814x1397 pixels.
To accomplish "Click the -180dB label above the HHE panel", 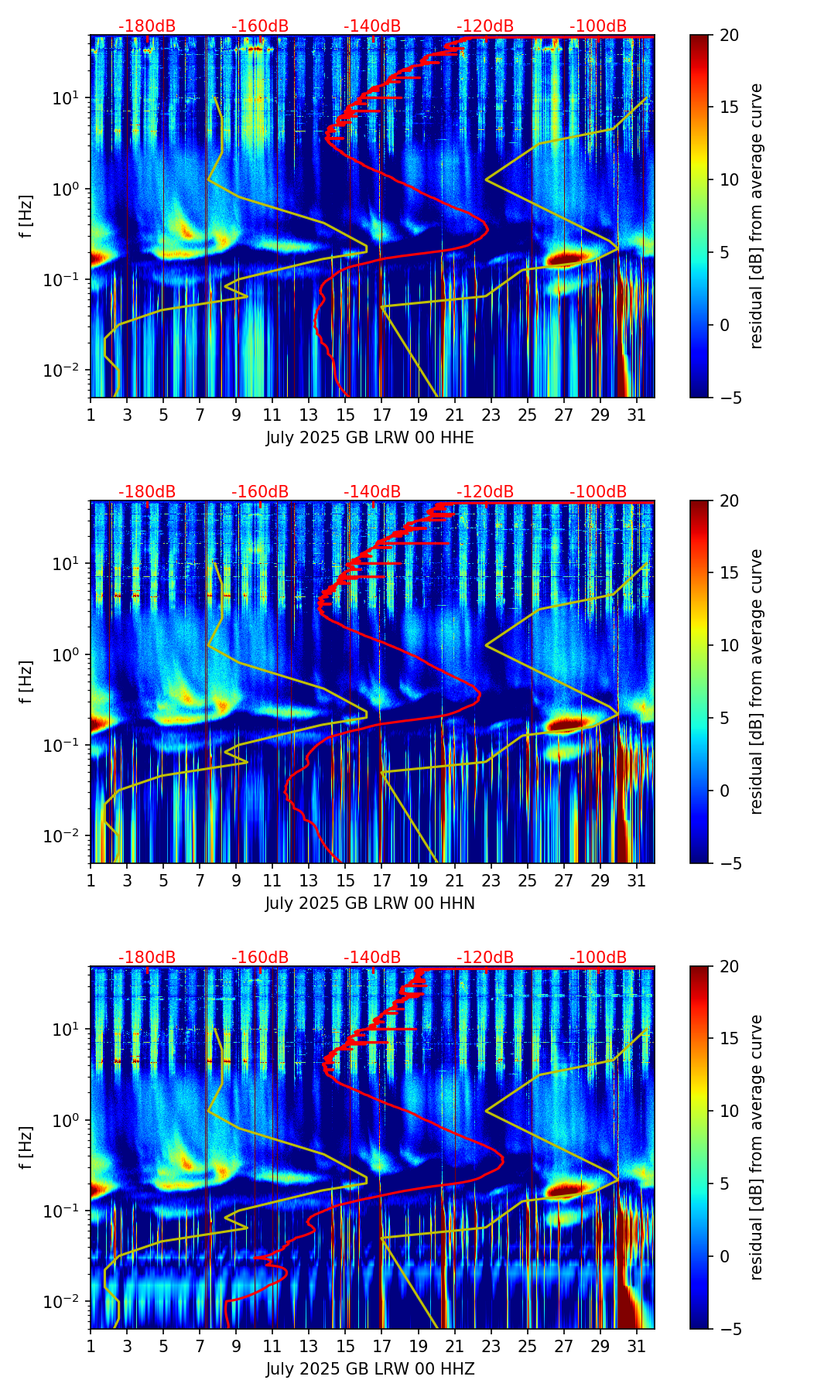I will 147,26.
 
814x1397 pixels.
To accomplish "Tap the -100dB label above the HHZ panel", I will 598,958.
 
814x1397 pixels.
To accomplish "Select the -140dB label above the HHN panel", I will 372,492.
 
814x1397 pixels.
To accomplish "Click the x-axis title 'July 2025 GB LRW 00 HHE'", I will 370,438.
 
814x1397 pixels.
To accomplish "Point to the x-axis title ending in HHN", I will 370,903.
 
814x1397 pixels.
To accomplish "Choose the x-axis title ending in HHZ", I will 370,1369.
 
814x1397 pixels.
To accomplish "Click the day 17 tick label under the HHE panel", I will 381,415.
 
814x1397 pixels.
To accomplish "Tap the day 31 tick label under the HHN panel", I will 636,881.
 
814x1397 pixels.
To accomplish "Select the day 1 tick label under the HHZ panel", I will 91,1347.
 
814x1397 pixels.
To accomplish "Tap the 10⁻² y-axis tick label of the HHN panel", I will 67,836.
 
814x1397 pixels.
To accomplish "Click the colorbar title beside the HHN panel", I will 757,681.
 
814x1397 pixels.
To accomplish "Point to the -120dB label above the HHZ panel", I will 485,958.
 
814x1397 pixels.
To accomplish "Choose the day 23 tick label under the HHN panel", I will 491,881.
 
